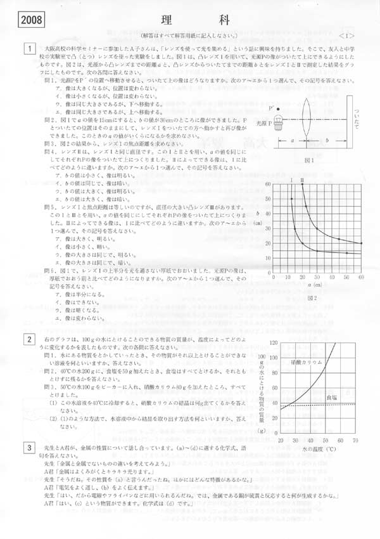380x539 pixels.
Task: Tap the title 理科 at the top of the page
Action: pos(189,19)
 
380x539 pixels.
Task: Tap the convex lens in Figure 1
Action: pos(306,118)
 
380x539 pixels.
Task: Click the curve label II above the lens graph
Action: pos(302,180)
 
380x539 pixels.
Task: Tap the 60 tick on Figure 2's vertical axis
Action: pos(268,184)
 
